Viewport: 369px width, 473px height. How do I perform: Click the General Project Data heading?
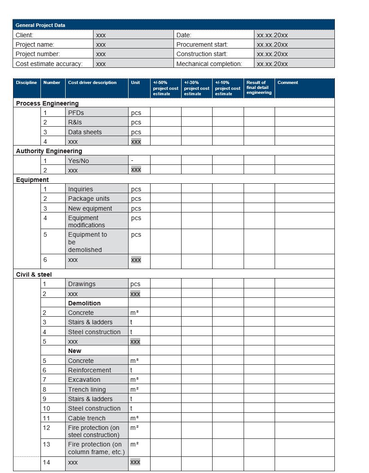pyautogui.click(x=40, y=25)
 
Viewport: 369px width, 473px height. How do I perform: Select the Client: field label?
pyautogui.click(x=24, y=35)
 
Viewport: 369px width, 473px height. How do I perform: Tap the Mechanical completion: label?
pyautogui.click(x=209, y=64)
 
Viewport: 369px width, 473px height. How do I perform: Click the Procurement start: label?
pyautogui.click(x=202, y=44)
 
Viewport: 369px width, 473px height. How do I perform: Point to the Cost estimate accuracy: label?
pyautogui.click(x=49, y=64)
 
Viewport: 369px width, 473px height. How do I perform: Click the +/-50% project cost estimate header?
pyautogui.click(x=165, y=88)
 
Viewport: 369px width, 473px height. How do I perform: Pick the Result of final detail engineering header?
pyautogui.click(x=259, y=88)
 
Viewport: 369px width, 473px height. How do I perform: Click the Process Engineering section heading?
pyautogui.click(x=47, y=103)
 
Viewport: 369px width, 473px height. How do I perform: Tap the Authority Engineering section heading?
pyautogui.click(x=49, y=151)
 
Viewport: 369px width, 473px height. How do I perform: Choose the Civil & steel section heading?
pyautogui.click(x=34, y=274)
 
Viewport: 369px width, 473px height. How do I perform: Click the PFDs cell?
pyautogui.click(x=76, y=113)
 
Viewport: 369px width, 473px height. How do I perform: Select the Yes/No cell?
pyautogui.click(x=79, y=161)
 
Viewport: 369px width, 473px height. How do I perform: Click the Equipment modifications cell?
pyautogui.click(x=86, y=221)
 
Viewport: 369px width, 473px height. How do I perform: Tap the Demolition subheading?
pyautogui.click(x=84, y=303)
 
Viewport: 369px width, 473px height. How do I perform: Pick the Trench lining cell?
pyautogui.click(x=87, y=389)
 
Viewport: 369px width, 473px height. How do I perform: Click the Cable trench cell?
pyautogui.click(x=87, y=418)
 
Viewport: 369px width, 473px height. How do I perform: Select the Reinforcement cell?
pyautogui.click(x=89, y=370)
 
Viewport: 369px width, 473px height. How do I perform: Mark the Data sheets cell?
pyautogui.click(x=85, y=132)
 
